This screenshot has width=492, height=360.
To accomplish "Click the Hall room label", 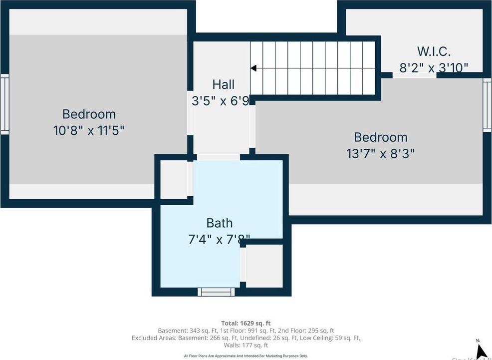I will click(223, 84).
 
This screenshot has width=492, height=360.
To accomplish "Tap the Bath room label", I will click(220, 223).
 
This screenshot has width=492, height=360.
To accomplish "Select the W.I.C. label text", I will click(434, 51).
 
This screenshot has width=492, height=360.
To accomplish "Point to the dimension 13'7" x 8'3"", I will click(380, 153).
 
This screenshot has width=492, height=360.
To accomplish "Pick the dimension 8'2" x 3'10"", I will click(434, 67).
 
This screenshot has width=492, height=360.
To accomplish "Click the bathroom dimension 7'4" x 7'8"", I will click(220, 239).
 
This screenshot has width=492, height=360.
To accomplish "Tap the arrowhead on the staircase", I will click(253, 68).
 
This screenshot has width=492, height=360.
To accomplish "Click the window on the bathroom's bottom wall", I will click(216, 292).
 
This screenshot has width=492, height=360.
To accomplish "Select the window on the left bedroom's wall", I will click(4, 104).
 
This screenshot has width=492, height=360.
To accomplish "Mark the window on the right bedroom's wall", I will click(487, 105).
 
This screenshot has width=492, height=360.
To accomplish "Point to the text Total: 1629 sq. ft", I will click(246, 323).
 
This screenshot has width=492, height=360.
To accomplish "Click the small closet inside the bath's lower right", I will click(264, 266).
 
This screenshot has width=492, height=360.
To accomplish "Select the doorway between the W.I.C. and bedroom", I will click(414, 75).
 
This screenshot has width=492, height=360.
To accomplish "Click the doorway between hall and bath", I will click(219, 157).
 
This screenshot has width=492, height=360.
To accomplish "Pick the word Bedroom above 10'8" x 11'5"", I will click(89, 114).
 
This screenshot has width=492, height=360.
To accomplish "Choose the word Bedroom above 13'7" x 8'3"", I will click(380, 137).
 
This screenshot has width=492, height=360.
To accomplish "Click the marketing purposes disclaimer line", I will click(246, 356).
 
